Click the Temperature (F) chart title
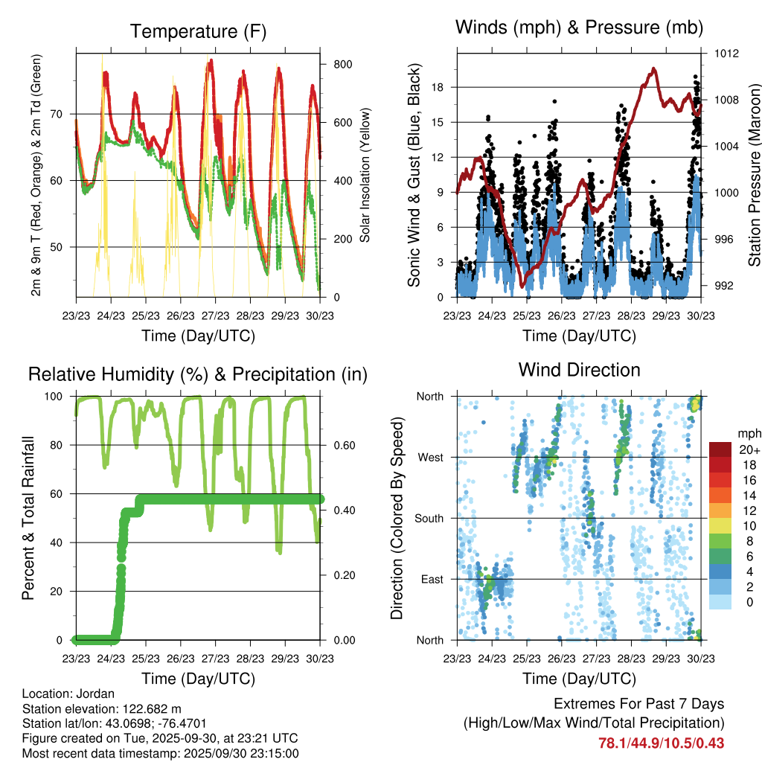point(198,31)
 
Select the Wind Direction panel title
point(579,370)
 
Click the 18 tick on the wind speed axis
point(438,87)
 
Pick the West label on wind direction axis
point(430,458)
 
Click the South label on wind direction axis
point(429,519)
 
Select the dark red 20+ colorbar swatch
point(720,449)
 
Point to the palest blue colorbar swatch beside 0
point(720,601)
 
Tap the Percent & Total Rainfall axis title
point(28,518)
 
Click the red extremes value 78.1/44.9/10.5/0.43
point(661,743)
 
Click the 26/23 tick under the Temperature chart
point(180,315)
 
